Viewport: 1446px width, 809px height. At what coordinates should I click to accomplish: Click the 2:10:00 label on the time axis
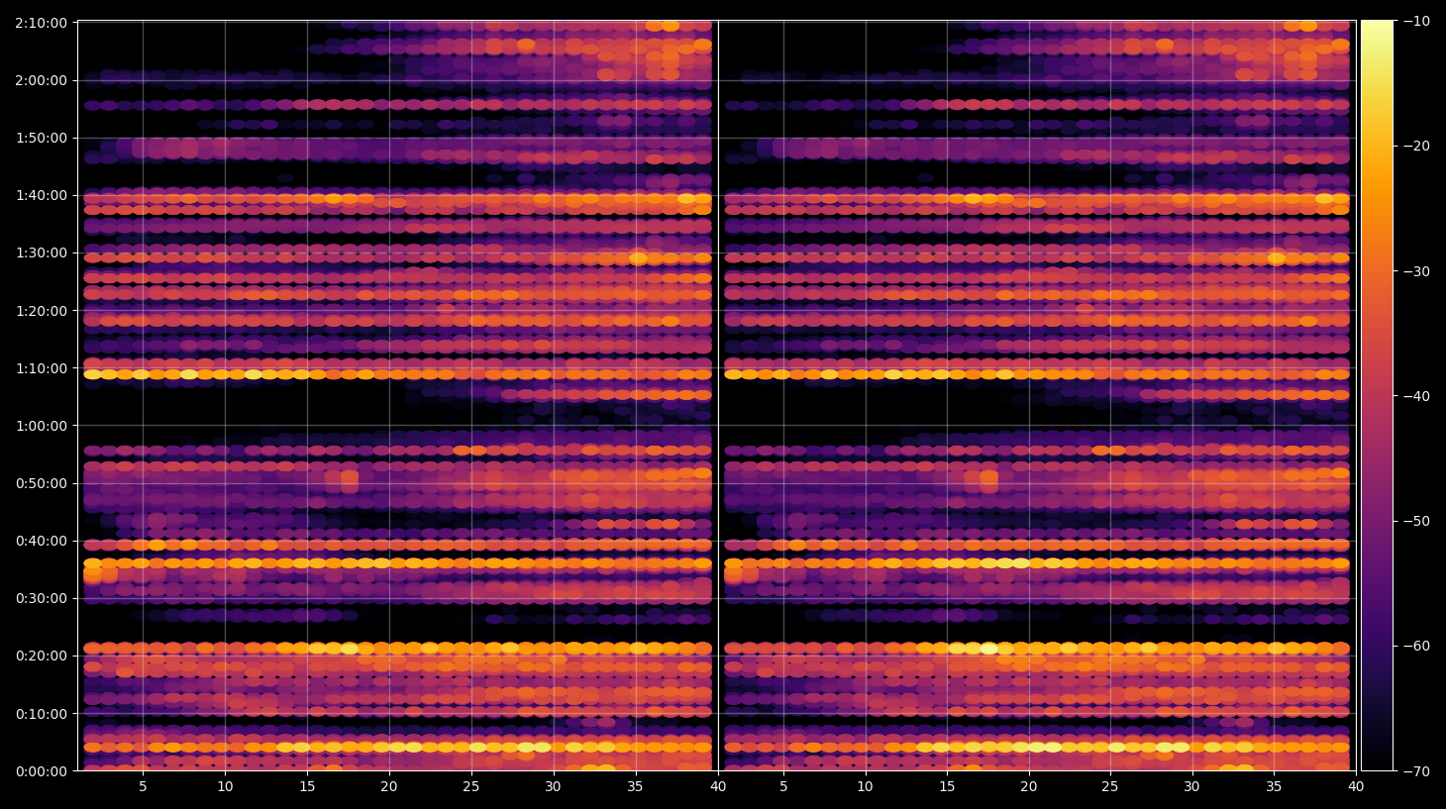[x=42, y=23]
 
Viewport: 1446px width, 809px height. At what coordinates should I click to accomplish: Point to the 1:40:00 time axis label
[x=42, y=196]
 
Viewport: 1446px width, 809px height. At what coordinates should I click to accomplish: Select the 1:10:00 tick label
[x=42, y=368]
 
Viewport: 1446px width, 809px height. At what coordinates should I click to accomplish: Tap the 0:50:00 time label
[x=42, y=483]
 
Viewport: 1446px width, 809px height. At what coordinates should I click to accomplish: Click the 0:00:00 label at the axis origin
[x=42, y=771]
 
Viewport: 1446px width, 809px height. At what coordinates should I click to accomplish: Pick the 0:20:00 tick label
[x=42, y=656]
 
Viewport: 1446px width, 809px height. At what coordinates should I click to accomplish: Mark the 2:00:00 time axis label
[x=42, y=81]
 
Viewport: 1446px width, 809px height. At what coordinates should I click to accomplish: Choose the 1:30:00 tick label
[x=42, y=253]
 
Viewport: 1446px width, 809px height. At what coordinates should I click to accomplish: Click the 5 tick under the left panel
[x=143, y=786]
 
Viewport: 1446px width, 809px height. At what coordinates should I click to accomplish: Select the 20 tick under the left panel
[x=388, y=786]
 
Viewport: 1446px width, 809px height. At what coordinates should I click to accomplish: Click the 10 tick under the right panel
[x=865, y=786]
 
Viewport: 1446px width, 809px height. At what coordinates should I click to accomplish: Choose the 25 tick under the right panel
[x=1110, y=786]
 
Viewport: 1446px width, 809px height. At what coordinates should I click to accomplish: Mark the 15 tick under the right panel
[x=947, y=786]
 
